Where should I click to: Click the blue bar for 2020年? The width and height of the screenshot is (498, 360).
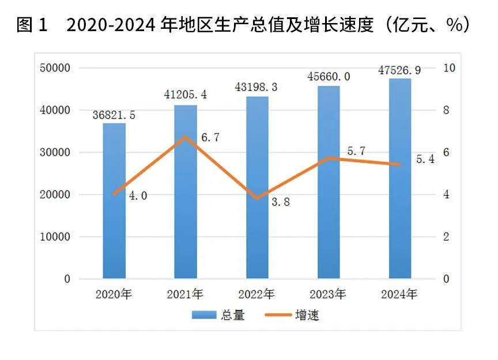pyautogui.click(x=114, y=202)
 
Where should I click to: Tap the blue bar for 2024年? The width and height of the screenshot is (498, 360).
pyautogui.click(x=400, y=179)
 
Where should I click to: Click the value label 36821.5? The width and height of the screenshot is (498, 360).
pyautogui.click(x=114, y=115)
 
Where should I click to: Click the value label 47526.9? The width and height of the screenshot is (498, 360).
pyautogui.click(x=399, y=70)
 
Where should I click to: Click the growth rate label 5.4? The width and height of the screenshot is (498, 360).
pyautogui.click(x=425, y=159)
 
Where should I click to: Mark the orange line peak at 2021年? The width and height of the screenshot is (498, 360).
pyautogui.click(x=186, y=137)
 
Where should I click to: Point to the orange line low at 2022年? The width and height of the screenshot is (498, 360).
pyautogui.click(x=257, y=199)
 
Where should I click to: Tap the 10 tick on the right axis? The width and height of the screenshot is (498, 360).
pyautogui.click(x=448, y=68)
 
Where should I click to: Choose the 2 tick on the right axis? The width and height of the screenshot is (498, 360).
pyautogui.click(x=446, y=237)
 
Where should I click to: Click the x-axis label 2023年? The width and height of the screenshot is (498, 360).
pyautogui.click(x=329, y=294)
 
